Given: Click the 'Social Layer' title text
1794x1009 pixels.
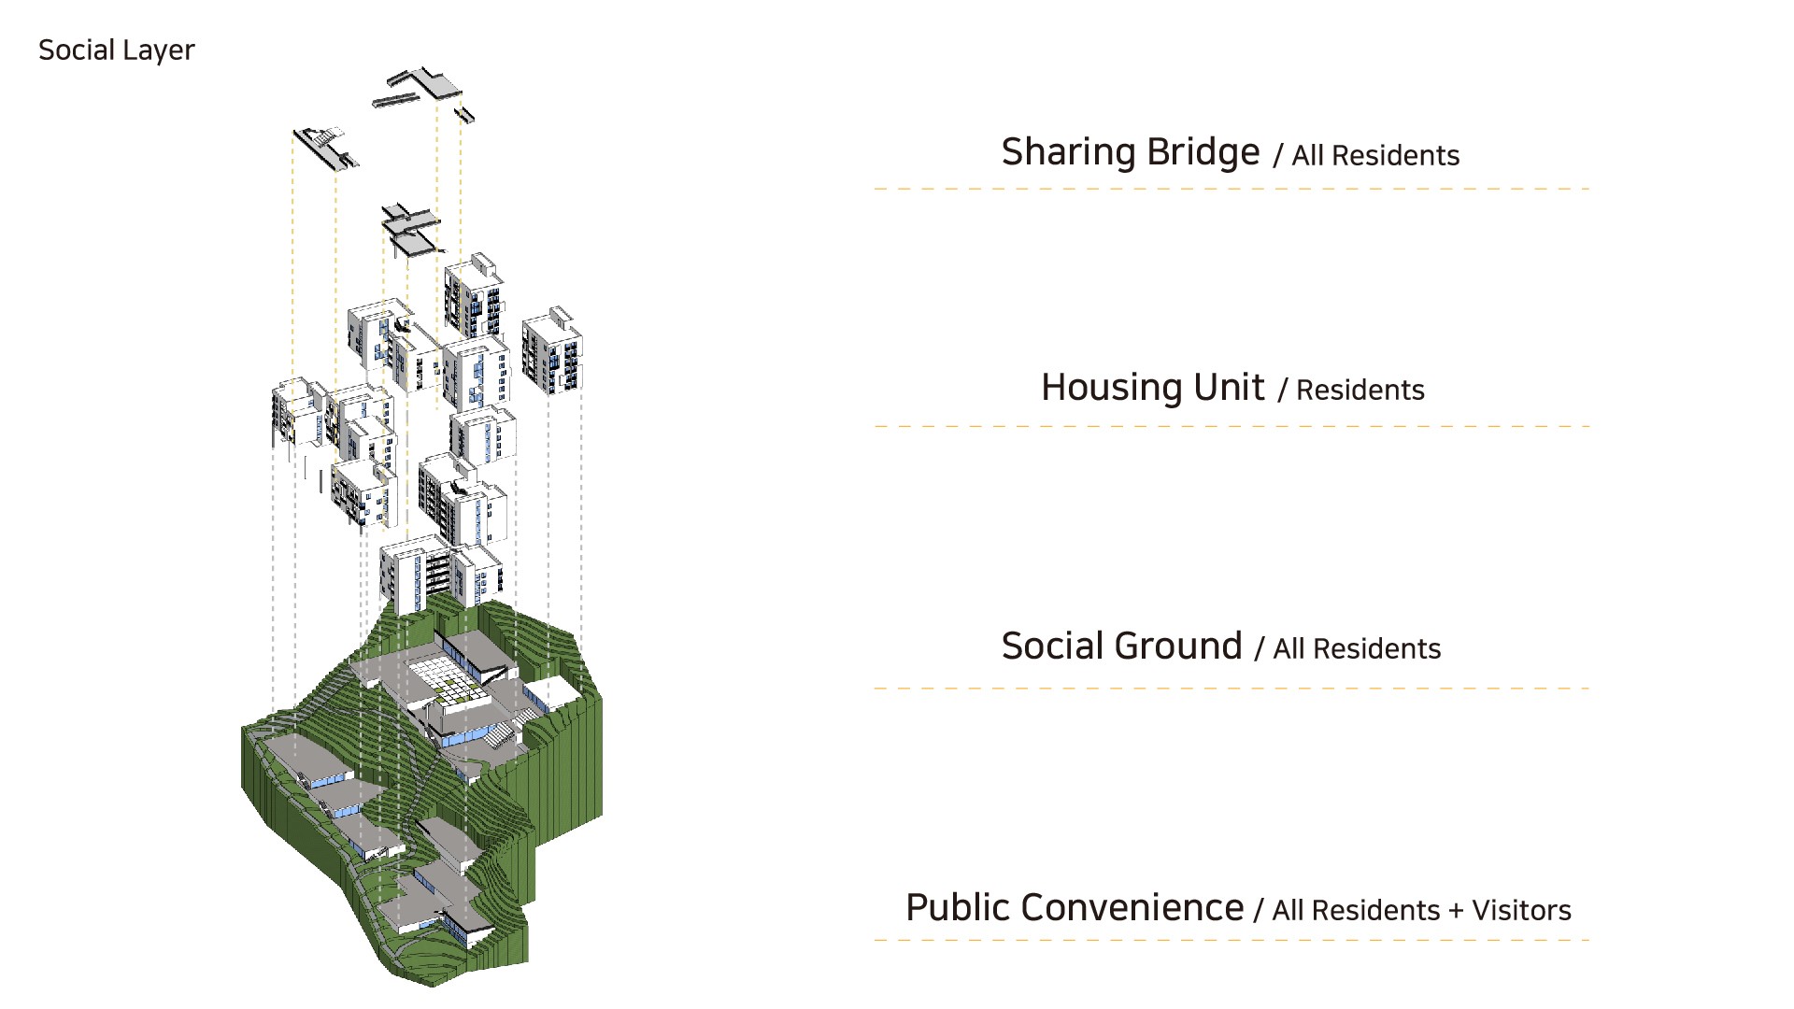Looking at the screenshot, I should click(116, 50).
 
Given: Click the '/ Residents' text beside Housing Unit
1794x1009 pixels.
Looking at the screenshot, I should click(1351, 391).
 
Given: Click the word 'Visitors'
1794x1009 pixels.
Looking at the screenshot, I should click(1521, 911).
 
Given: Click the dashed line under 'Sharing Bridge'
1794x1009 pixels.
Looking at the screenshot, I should click(1232, 189).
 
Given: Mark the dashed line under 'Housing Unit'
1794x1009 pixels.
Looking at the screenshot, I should click(1232, 426).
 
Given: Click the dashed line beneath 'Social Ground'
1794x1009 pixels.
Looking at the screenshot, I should click(1232, 689).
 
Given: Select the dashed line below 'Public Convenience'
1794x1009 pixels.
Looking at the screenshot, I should click(1232, 940).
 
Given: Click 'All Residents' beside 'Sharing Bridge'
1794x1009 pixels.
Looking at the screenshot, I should click(1374, 156).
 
